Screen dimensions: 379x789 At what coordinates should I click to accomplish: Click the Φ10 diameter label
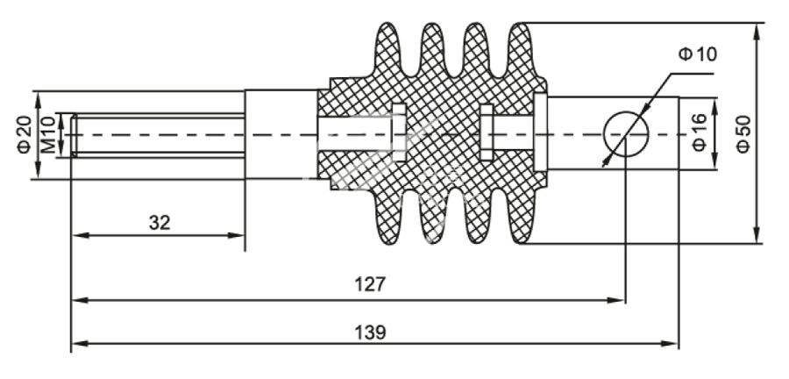pyautogui.click(x=698, y=54)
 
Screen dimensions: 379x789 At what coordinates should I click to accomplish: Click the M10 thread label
pyautogui.click(x=48, y=133)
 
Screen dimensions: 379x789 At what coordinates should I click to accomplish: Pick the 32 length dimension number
pyautogui.click(x=159, y=223)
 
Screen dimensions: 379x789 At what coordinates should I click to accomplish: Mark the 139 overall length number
pyautogui.click(x=374, y=333)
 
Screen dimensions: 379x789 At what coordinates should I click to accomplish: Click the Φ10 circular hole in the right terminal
pyautogui.click(x=625, y=134)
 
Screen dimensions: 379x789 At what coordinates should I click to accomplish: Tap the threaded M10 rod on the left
pyautogui.click(x=158, y=134)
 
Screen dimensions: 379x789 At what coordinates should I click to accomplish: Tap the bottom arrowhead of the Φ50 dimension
pyautogui.click(x=757, y=238)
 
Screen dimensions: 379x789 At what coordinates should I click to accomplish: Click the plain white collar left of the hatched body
pyautogui.click(x=279, y=134)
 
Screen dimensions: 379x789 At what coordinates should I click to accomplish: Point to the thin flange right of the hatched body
pyautogui.click(x=542, y=134)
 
